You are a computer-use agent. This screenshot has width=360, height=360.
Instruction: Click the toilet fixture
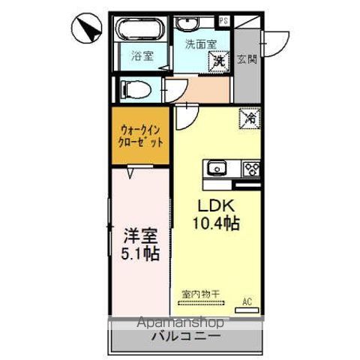click(136, 89)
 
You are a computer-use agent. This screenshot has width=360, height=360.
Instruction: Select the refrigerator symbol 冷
click(250, 118)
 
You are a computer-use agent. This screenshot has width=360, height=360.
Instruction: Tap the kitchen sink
click(216, 167)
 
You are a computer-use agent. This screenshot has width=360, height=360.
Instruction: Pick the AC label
click(246, 302)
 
